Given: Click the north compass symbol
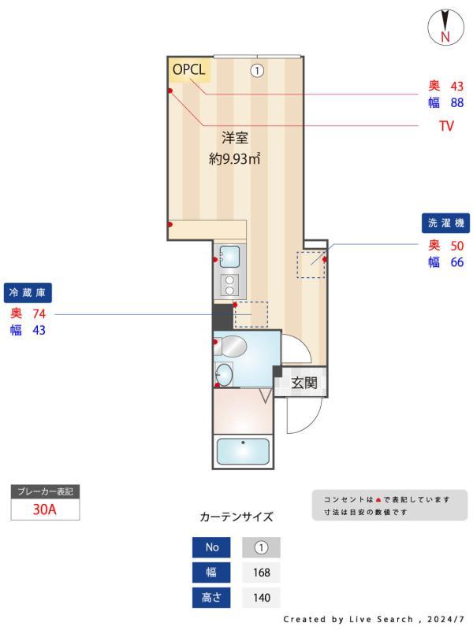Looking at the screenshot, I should pyautogui.click(x=445, y=27).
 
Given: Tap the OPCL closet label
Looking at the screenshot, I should pyautogui.click(x=188, y=69).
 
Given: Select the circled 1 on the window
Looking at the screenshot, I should pyautogui.click(x=256, y=70).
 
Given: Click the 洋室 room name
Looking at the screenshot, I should pyautogui.click(x=235, y=139).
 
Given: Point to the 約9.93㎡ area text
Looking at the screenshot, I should pyautogui.click(x=235, y=158).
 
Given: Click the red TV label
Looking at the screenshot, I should pyautogui.click(x=446, y=126).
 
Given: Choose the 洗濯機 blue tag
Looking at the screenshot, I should pyautogui.click(x=445, y=223).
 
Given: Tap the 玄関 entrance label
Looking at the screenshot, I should pyautogui.click(x=304, y=384).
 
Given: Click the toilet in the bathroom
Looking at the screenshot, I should pyautogui.click(x=233, y=345).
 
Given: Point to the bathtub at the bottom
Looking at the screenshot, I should pyautogui.click(x=242, y=452).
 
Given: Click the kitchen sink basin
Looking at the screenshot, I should pyautogui.click(x=230, y=255).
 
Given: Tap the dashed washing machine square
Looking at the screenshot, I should pyautogui.click(x=311, y=264).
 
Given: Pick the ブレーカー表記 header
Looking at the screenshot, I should pyautogui.click(x=45, y=491).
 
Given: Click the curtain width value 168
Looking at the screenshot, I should pyautogui.click(x=261, y=573).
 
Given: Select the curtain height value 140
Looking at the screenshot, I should pyautogui.click(x=261, y=598).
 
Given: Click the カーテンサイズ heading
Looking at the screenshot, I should pyautogui.click(x=236, y=517).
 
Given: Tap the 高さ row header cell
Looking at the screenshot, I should pyautogui.click(x=212, y=598).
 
